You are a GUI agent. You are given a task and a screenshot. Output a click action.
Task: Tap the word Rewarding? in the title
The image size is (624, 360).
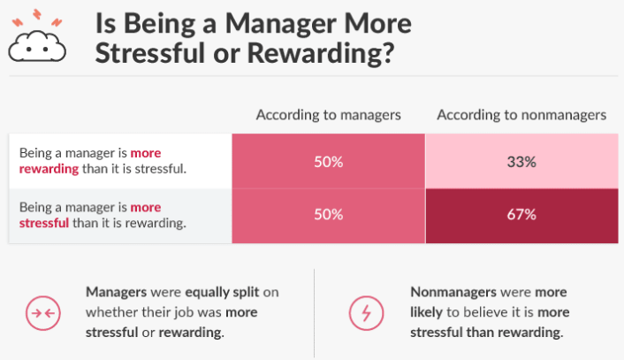(321, 53)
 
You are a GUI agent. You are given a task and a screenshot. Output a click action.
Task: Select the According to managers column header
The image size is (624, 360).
(328, 115)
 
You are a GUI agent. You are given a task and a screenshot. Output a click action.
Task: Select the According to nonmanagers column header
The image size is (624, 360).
(521, 115)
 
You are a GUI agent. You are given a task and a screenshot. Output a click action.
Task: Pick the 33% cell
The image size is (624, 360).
(521, 161)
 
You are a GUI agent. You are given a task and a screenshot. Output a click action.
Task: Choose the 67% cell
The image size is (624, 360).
(521, 216)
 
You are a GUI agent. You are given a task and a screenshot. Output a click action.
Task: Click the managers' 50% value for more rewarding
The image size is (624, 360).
(328, 162)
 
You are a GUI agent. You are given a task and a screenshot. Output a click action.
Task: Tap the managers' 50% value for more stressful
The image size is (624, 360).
(328, 215)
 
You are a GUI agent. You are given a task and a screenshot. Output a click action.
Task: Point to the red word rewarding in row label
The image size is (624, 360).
(49, 169)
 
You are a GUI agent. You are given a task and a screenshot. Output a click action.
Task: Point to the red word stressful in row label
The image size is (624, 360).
(44, 223)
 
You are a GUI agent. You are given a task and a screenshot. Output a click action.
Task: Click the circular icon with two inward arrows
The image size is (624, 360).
(43, 313)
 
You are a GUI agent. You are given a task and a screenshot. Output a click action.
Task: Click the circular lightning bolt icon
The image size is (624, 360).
(367, 313)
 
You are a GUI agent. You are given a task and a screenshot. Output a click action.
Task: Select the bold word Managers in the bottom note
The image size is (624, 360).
(116, 292)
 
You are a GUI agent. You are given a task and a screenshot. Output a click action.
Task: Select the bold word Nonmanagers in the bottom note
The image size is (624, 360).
(451, 292)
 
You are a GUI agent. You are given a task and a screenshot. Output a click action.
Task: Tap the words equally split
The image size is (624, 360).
(223, 293)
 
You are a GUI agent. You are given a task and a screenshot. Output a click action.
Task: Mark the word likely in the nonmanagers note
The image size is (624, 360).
(426, 312)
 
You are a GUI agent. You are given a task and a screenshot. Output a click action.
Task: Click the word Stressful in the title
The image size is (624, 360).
(150, 53)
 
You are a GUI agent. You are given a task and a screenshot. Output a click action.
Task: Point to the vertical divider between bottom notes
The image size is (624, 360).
(314, 313)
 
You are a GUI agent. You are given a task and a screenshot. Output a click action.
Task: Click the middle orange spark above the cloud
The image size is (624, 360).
(37, 14)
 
